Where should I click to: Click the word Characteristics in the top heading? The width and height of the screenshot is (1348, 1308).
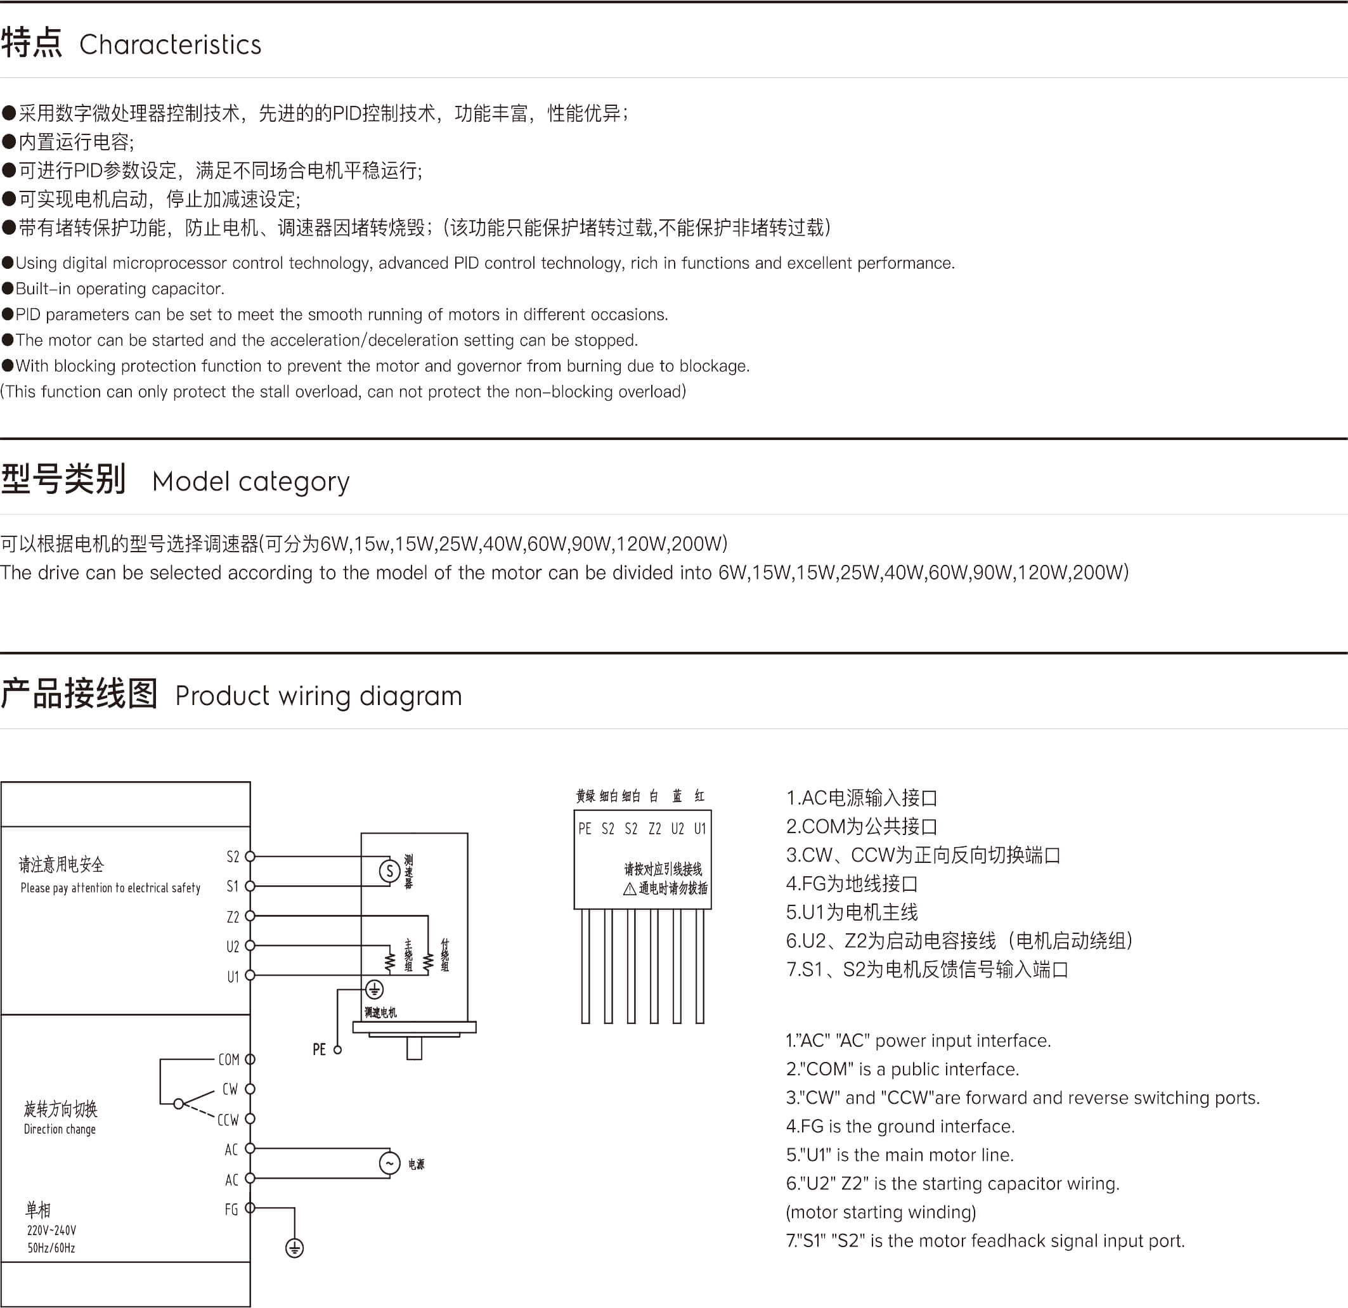170,45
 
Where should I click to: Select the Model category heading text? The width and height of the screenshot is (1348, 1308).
250,481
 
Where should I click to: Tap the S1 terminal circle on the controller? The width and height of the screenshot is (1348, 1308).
250,886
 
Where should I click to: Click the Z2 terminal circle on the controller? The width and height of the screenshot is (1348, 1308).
250,916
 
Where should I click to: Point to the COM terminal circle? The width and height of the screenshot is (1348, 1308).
250,1059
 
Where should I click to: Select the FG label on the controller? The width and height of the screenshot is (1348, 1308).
231,1210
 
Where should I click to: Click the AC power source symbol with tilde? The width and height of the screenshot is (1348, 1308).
389,1163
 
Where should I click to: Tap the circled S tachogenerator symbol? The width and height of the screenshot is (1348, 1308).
390,871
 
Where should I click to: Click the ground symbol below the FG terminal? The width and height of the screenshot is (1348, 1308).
294,1248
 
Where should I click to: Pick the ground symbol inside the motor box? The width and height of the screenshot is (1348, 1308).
374,990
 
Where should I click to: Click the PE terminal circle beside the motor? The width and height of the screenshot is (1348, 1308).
338,1050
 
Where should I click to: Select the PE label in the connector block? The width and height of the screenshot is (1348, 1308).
585,829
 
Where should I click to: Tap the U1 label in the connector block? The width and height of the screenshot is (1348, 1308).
699,829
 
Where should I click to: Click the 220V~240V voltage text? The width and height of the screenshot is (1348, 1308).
51,1230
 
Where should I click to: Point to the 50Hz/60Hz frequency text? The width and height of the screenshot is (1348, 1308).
51,1248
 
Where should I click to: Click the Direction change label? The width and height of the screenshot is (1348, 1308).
60,1129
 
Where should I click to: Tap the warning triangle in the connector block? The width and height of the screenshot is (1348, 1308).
629,889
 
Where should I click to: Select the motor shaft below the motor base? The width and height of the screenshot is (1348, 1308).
414,1049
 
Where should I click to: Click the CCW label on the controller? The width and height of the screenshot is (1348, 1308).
228,1120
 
